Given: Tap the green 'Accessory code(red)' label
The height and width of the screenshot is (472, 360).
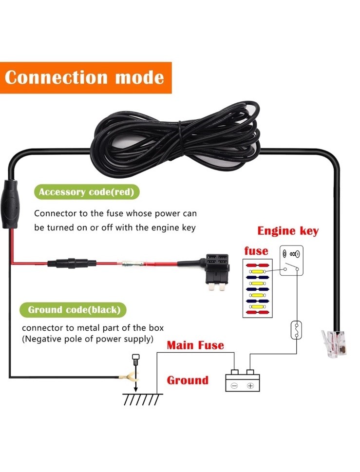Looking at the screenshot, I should (x=86, y=192).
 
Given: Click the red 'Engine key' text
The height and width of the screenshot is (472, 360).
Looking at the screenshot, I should (x=288, y=230).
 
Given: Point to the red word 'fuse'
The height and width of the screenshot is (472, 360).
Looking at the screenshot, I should (x=256, y=251).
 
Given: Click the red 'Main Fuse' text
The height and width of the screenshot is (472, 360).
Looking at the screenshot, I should (x=195, y=345).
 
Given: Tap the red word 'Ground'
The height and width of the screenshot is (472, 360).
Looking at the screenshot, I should (x=188, y=380).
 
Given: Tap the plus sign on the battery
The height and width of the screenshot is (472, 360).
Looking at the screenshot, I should (x=250, y=386).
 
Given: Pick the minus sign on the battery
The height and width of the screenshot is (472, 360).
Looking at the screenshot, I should (x=234, y=386).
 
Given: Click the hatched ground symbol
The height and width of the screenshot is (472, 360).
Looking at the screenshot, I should (x=142, y=398).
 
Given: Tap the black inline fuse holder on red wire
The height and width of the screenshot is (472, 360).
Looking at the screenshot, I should (x=67, y=264).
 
